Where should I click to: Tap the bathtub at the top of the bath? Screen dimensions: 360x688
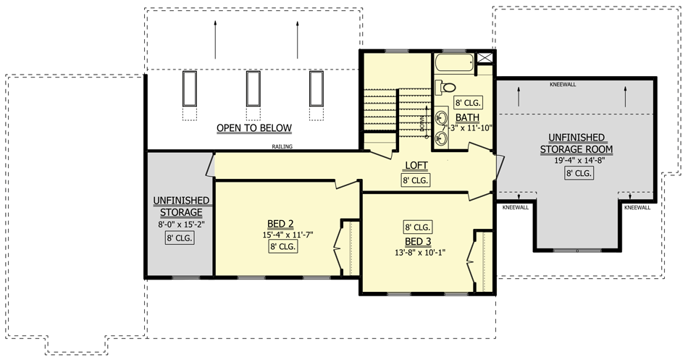(455, 64)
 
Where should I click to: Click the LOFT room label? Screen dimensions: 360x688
(416, 164)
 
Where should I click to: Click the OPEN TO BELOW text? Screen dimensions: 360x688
(253, 128)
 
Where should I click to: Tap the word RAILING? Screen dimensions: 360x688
(282, 147)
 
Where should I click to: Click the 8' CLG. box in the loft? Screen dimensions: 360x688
(416, 180)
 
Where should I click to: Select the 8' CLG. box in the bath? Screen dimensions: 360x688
(467, 103)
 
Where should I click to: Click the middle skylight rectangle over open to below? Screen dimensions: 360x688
(253, 88)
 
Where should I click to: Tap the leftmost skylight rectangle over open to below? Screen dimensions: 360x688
(190, 88)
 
